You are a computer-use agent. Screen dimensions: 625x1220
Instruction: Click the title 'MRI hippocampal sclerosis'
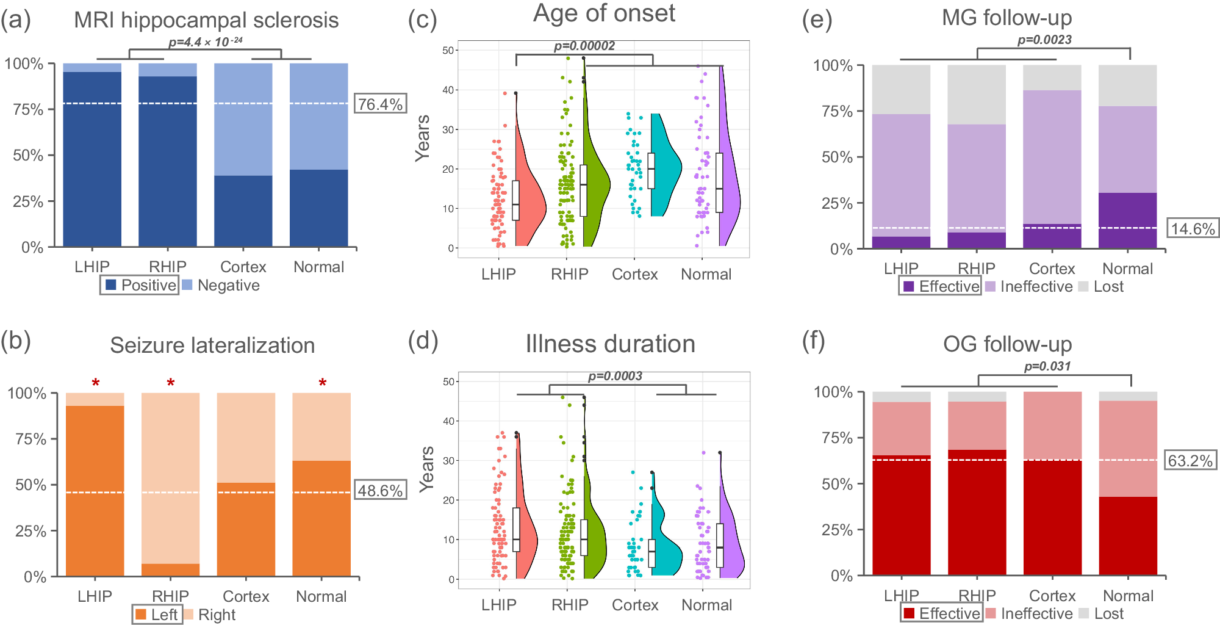point(206,20)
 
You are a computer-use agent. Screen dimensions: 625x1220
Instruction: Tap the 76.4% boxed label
point(380,104)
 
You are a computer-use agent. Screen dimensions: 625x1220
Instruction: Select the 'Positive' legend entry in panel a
point(140,285)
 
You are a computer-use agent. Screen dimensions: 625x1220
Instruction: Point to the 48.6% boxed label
point(380,491)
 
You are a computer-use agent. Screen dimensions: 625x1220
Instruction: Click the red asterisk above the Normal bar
point(322,383)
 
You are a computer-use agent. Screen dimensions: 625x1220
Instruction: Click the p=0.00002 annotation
point(584,46)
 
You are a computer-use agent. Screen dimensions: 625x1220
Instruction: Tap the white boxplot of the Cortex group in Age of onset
point(651,170)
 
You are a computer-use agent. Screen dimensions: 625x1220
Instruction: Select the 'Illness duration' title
point(610,344)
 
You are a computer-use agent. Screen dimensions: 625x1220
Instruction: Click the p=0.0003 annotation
point(615,376)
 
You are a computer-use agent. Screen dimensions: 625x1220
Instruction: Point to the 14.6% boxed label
point(1193,229)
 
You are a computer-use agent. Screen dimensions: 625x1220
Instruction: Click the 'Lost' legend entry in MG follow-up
point(1101,286)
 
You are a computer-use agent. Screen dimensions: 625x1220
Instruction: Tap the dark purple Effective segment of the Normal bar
point(1127,220)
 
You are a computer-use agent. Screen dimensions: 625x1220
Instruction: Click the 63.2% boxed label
point(1190,460)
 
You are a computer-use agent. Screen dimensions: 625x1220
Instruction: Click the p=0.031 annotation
point(1047,366)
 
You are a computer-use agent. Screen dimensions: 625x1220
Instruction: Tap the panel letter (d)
point(423,341)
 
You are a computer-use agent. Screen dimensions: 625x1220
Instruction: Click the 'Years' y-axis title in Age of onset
point(423,138)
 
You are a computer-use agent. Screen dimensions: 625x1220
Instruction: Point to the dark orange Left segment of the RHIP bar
point(170,569)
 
